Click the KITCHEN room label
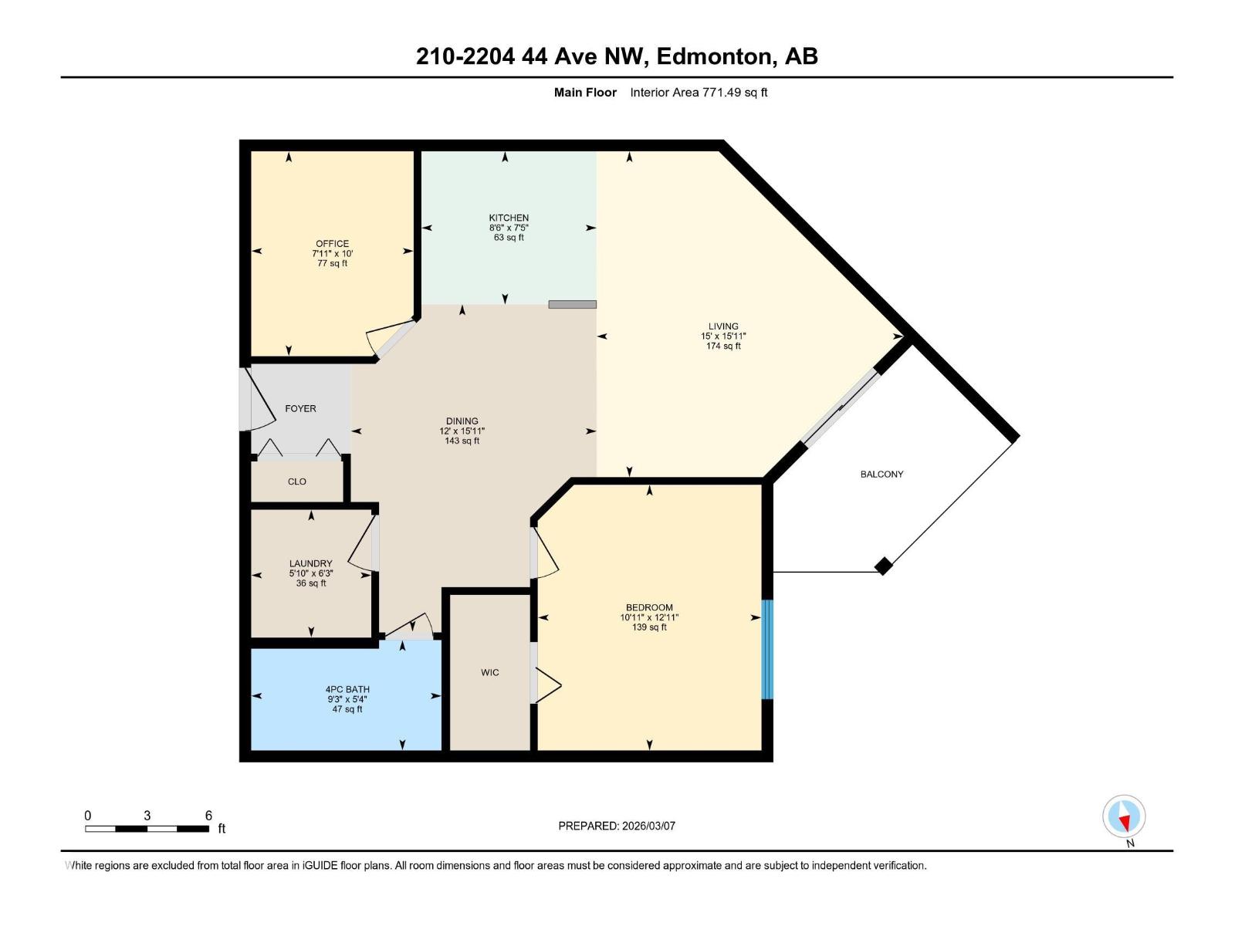509,218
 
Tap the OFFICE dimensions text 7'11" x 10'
332,253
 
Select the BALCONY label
881,475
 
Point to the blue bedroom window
766,649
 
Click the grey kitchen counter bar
572,304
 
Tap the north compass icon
1124,816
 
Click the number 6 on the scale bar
208,816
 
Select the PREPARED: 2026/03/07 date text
617,826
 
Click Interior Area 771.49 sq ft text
699,93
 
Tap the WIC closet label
489,673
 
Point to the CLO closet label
297,482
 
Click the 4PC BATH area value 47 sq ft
347,709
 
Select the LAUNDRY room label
310,564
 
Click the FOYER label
300,409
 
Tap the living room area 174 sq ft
723,346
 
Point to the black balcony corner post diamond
884,566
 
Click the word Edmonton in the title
716,56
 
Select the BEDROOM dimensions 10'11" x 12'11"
649,617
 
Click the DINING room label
462,421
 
